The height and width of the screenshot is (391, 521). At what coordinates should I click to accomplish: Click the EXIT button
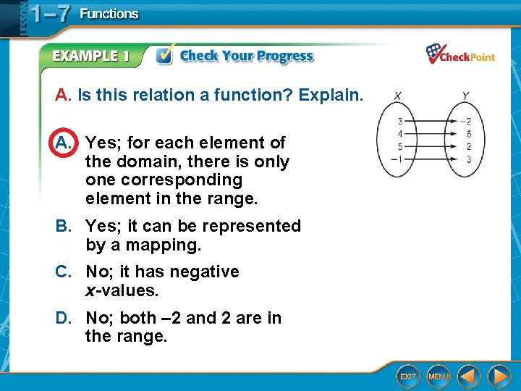409,377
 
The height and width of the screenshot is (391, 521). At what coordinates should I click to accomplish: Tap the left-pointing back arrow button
470,377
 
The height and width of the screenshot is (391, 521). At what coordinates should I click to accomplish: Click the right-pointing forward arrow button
499,377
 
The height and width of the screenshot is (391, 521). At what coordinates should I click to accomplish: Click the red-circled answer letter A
64,143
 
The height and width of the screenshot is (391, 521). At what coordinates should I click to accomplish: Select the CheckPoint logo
460,55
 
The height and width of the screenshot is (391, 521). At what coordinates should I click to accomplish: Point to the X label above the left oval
399,95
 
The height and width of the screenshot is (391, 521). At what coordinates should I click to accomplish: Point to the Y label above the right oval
465,95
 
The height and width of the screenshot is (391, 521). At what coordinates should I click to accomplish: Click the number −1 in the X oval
399,159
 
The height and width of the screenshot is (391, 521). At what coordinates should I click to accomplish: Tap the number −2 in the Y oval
467,121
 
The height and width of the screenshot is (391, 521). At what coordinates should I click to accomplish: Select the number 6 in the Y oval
469,134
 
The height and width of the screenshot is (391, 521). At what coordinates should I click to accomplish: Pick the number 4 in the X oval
400,134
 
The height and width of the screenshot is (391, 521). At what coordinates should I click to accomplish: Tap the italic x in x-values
90,291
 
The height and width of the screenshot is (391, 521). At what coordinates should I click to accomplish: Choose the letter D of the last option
63,318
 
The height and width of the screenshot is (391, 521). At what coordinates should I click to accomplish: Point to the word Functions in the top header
109,14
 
